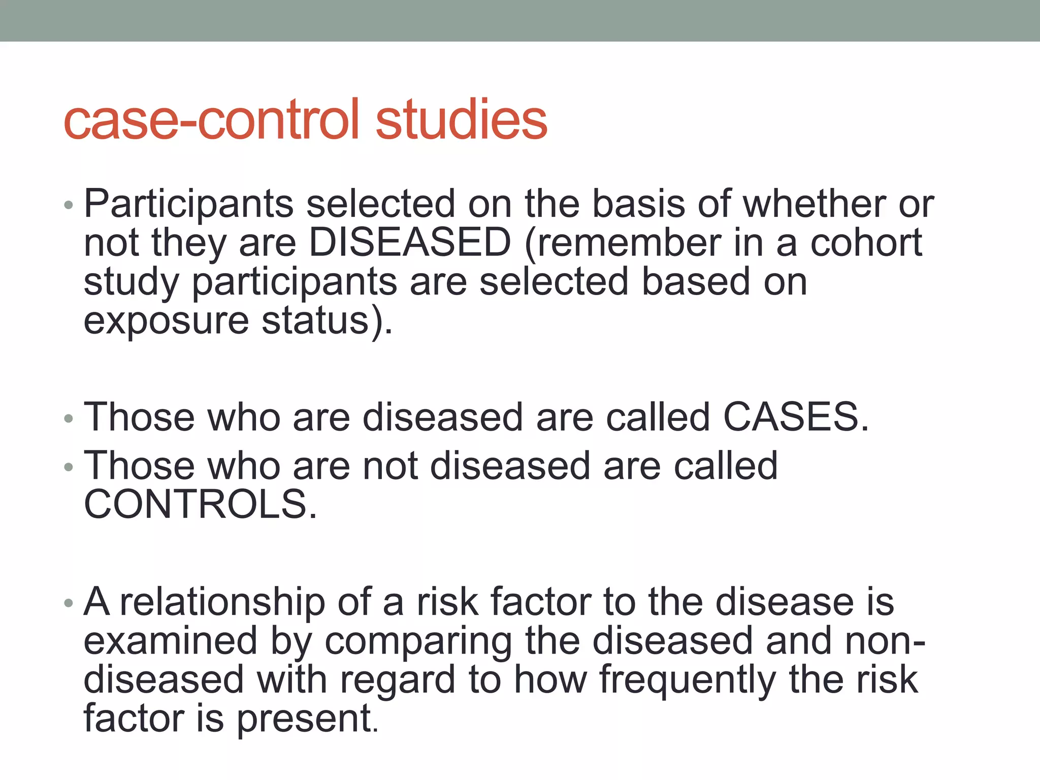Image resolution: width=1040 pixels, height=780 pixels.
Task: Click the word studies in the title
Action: (x=461, y=120)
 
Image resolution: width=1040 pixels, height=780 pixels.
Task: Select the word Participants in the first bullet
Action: (x=188, y=204)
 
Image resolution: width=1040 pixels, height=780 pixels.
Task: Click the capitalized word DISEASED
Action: (x=409, y=243)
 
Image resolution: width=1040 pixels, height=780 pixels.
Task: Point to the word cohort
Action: (x=866, y=243)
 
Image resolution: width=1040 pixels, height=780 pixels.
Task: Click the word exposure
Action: (x=166, y=321)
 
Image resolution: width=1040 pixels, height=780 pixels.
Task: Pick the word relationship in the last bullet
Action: (x=222, y=602)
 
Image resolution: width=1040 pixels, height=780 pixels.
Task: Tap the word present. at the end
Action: (x=308, y=719)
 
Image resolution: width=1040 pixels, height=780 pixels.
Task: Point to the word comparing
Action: (x=418, y=641)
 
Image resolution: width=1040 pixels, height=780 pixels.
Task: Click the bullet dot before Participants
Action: (x=69, y=206)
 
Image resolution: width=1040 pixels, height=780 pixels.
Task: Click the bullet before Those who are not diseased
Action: (x=69, y=467)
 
